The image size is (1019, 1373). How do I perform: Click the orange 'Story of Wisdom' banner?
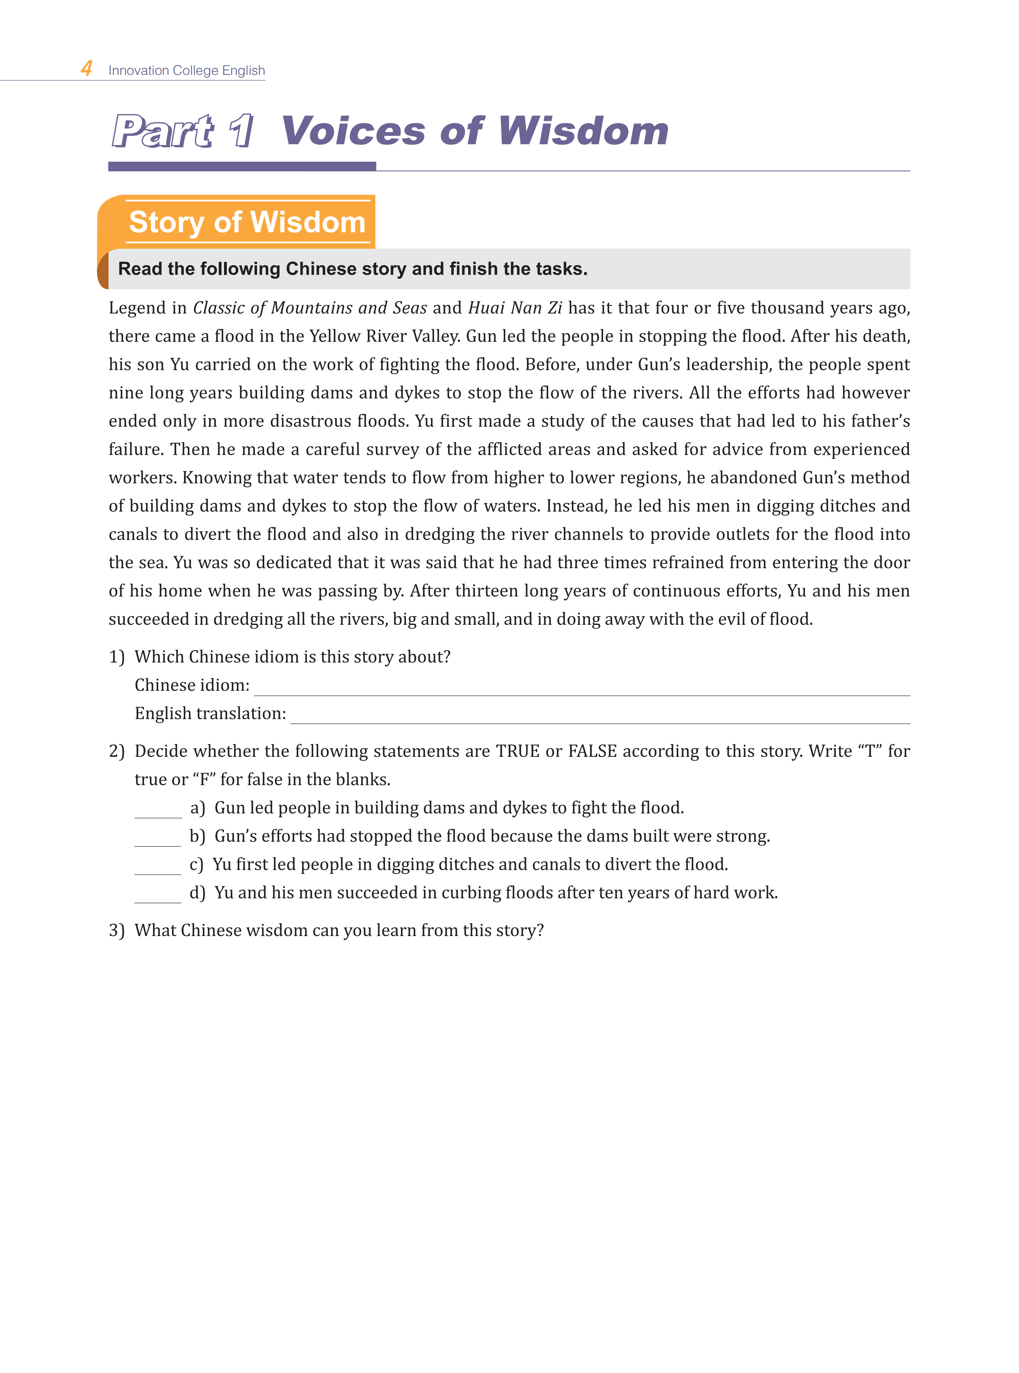pyautogui.click(x=247, y=222)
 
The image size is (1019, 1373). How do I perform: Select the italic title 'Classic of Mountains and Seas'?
pyautogui.click(x=310, y=308)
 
